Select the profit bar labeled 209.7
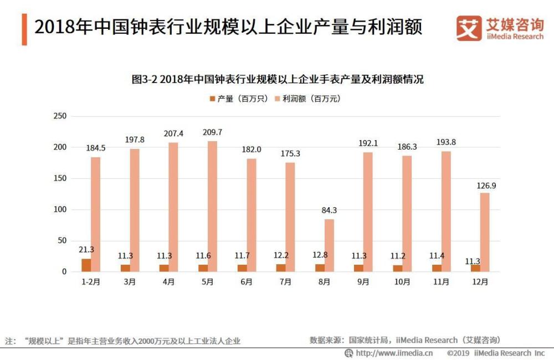click(x=213, y=206)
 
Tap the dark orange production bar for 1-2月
click(x=86, y=265)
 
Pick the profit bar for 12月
click(x=485, y=232)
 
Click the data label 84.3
click(x=329, y=210)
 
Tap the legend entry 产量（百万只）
click(x=239, y=99)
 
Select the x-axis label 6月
click(x=247, y=282)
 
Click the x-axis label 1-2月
click(x=91, y=282)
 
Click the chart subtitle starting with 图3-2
click(x=277, y=79)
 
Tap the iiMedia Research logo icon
click(x=469, y=28)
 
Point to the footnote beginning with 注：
click(x=123, y=341)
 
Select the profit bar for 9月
click(x=368, y=212)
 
